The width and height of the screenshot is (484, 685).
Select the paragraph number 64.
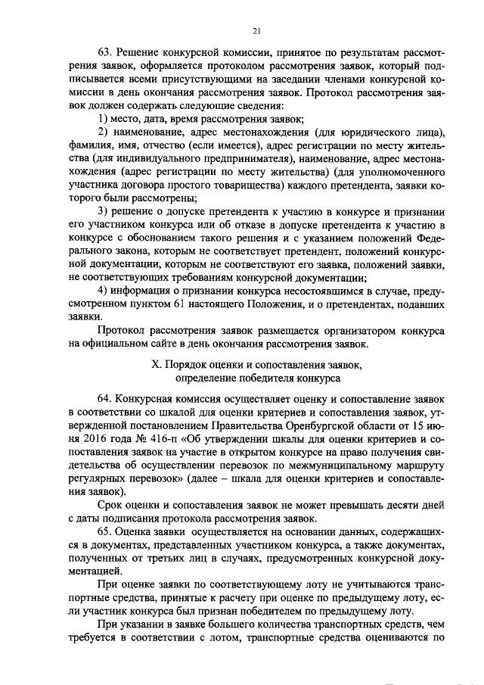[105, 398]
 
